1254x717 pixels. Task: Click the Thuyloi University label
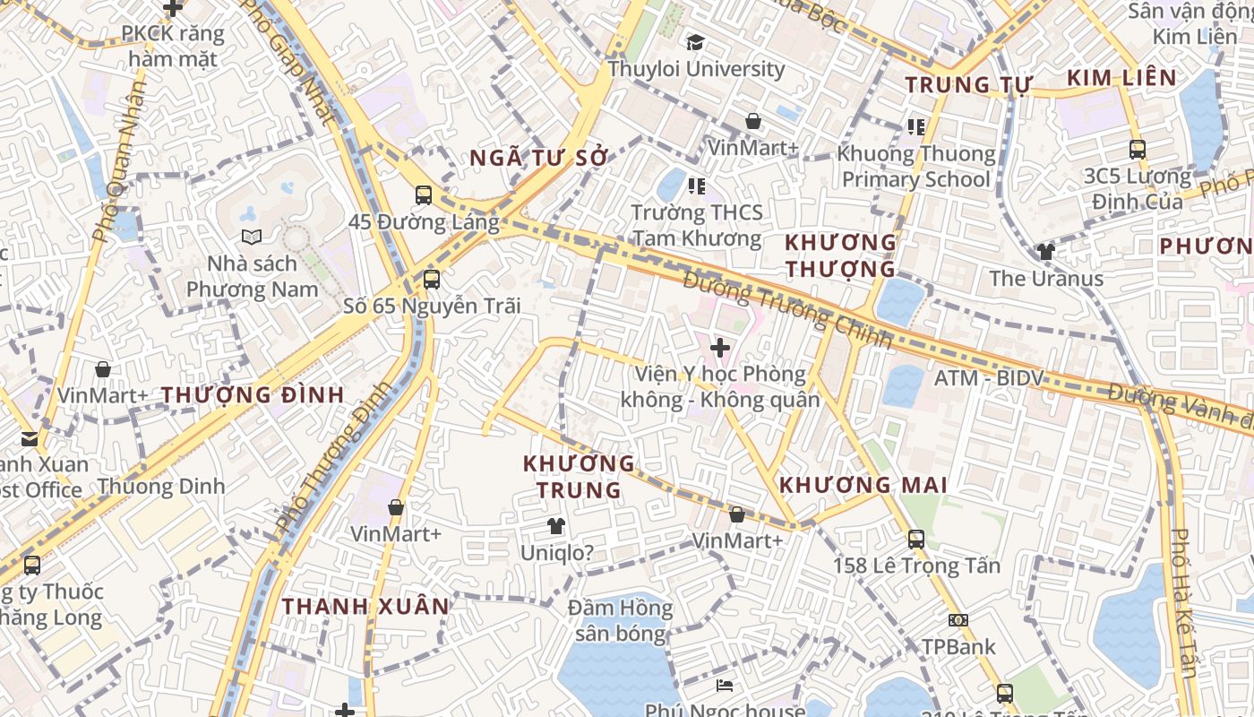[696, 69]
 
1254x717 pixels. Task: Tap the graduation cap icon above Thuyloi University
[695, 42]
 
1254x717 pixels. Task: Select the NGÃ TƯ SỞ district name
[539, 158]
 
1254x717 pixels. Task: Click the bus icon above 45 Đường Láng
[424, 194]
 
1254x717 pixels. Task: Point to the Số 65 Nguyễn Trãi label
[432, 306]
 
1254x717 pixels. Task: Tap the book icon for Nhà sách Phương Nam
[252, 237]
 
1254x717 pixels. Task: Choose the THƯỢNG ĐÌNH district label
[253, 394]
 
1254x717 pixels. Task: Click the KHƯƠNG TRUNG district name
[579, 477]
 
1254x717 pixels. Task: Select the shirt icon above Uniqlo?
[556, 526]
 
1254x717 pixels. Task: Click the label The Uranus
[1046, 278]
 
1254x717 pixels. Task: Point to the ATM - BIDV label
[989, 378]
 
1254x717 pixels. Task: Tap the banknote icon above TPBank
[958, 620]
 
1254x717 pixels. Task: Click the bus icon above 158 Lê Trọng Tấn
[915, 539]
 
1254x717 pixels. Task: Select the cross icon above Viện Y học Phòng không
[719, 347]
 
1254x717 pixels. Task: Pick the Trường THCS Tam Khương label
[697, 225]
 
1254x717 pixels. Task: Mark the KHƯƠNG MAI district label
[863, 485]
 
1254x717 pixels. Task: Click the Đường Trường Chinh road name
[788, 310]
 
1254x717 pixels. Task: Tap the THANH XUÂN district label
[365, 606]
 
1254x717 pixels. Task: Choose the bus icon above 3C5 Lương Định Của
[1138, 150]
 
